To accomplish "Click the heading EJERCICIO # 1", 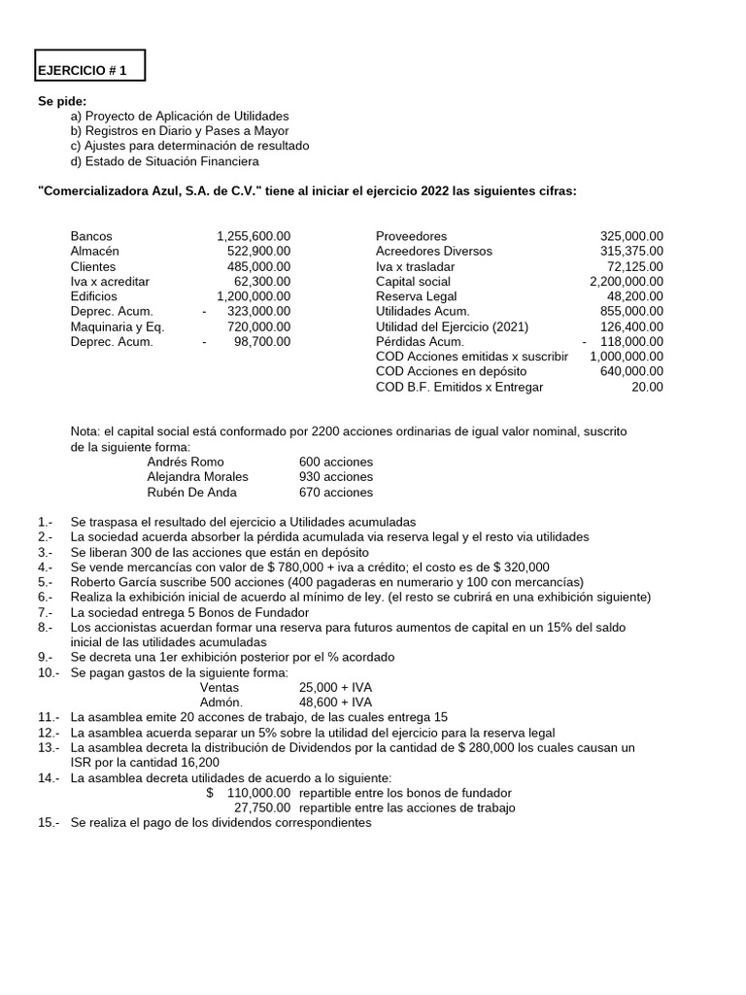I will pos(83,71).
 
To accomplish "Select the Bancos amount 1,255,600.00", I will pos(254,236).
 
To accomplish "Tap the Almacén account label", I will pos(95,251).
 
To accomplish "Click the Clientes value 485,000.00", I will pos(258,266).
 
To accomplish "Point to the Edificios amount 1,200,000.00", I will pos(254,296).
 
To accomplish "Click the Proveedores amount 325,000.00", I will pos(631,236).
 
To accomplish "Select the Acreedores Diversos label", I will pos(433,251).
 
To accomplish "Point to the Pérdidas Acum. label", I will pos(420,341).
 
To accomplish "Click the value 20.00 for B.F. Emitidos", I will pos(647,387).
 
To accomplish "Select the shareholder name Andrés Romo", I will pos(186,462).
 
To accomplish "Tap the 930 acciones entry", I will pos(336,476).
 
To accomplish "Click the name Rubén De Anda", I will pos(191,492).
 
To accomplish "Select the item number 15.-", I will pos(48,823).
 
